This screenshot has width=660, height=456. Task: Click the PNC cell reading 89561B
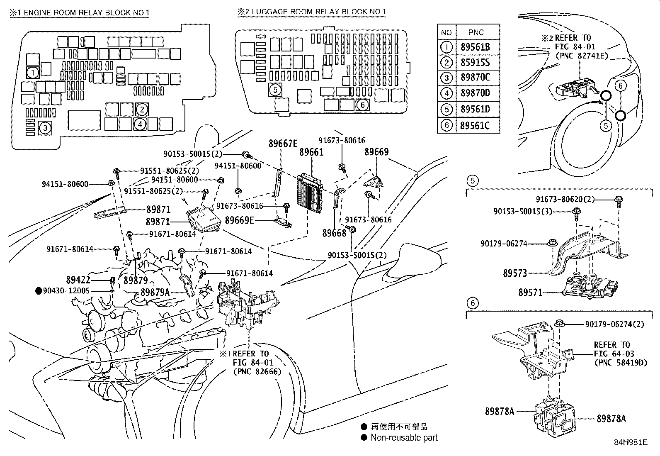point(475,47)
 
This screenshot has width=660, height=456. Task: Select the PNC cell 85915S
point(475,63)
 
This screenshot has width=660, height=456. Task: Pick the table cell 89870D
point(475,93)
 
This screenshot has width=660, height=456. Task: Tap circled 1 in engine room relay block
point(33,73)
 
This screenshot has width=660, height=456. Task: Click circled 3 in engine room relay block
point(45,128)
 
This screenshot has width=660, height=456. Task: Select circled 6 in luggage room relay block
point(362,105)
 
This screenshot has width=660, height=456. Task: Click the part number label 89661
point(311,153)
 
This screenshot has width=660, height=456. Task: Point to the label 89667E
point(283,144)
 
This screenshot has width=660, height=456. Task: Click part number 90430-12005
point(68,291)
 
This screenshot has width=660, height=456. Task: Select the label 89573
point(515,273)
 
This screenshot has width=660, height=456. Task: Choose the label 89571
point(530,293)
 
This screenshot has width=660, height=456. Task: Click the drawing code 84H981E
point(631,442)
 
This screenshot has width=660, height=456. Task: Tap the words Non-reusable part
point(404,437)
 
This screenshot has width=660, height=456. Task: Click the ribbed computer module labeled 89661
point(310,192)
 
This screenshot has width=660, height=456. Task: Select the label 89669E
point(239,220)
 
